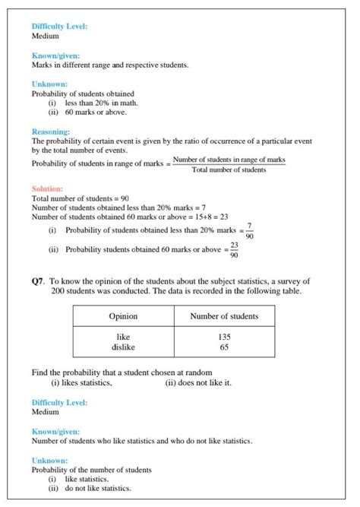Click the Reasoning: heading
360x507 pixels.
point(51,132)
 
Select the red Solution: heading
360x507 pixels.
point(47,189)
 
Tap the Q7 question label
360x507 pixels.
point(38,281)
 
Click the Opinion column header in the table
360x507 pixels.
point(123,316)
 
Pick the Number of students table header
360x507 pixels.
point(224,316)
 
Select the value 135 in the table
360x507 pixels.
point(224,336)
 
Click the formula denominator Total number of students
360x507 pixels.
point(229,170)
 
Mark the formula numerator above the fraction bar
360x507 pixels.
point(229,160)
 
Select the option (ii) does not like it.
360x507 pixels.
point(198,382)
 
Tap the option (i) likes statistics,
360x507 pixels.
point(81,382)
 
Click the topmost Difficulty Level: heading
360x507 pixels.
point(59,27)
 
